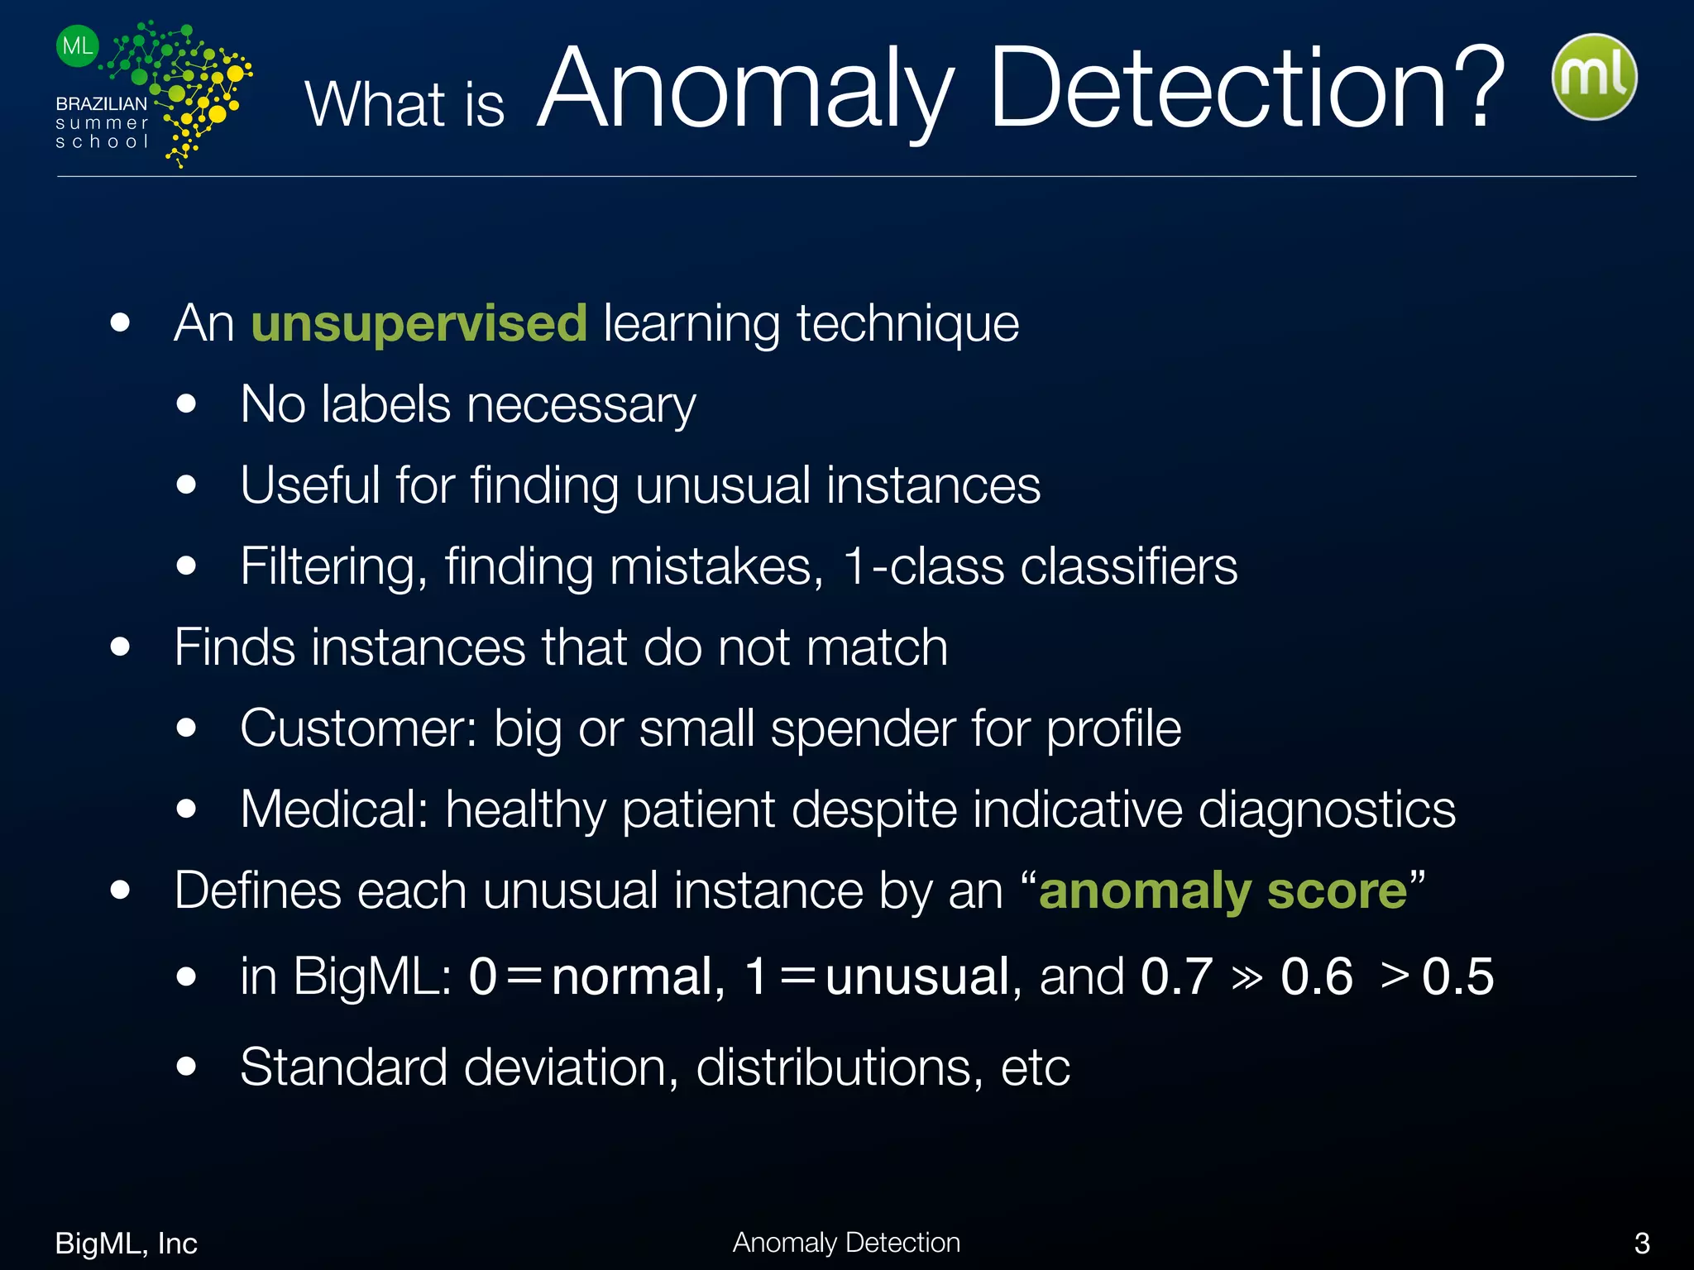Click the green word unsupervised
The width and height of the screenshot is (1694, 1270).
419,322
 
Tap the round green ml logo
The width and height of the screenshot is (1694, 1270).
1594,77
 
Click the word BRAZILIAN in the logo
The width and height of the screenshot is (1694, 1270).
101,104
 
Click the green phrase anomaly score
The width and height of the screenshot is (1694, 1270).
1223,891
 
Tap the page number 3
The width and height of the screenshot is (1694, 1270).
1642,1243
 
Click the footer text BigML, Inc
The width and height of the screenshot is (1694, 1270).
126,1243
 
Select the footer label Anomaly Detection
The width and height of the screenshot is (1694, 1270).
846,1242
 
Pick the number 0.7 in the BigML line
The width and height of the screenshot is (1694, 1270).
1176,976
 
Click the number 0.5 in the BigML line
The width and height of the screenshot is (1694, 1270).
1457,976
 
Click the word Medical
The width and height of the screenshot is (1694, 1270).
334,809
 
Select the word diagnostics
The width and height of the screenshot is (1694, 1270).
1327,809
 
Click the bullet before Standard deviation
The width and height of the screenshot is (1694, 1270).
187,1067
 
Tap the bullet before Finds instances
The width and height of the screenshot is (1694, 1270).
121,647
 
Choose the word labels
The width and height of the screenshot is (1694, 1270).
385,405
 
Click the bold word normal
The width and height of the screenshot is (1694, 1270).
638,976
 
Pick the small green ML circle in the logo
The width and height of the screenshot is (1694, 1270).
78,46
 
